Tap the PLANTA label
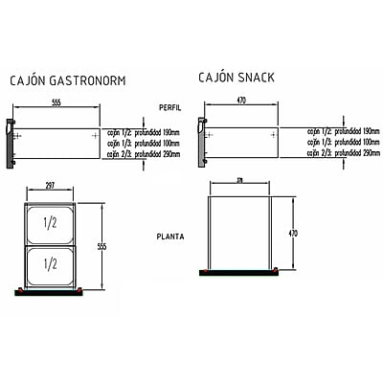click(x=171, y=235)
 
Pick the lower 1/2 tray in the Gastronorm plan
click(x=50, y=262)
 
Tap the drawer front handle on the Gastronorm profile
click(x=11, y=143)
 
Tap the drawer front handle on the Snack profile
click(x=200, y=139)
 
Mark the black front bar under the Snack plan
click(x=239, y=273)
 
